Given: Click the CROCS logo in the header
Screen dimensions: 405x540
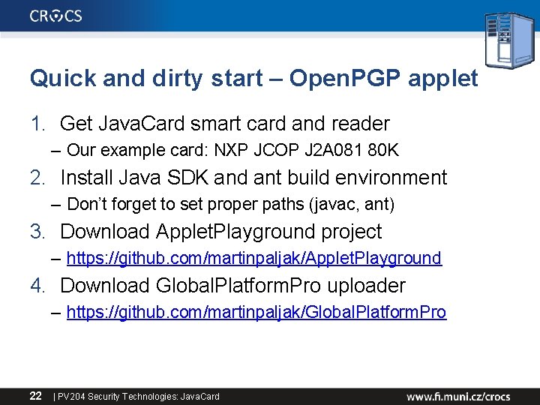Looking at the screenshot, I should click(56, 15).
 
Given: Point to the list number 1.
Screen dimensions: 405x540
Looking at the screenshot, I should click(37, 124).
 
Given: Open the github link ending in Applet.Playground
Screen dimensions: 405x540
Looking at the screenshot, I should click(253, 258).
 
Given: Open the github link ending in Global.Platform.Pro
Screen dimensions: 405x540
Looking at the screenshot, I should click(256, 312).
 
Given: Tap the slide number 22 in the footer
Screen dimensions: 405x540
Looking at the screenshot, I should click(35, 395).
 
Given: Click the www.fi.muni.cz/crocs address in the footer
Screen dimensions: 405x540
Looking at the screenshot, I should click(458, 395).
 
